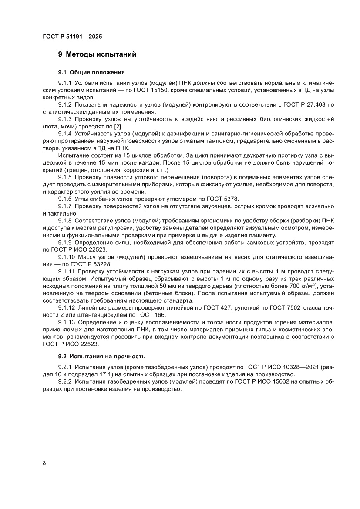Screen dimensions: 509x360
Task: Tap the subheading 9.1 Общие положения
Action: click(x=91, y=72)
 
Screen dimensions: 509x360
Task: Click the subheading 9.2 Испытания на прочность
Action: click(x=102, y=357)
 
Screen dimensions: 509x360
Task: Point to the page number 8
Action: click(x=44, y=463)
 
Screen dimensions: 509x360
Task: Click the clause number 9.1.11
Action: click(x=67, y=271)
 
